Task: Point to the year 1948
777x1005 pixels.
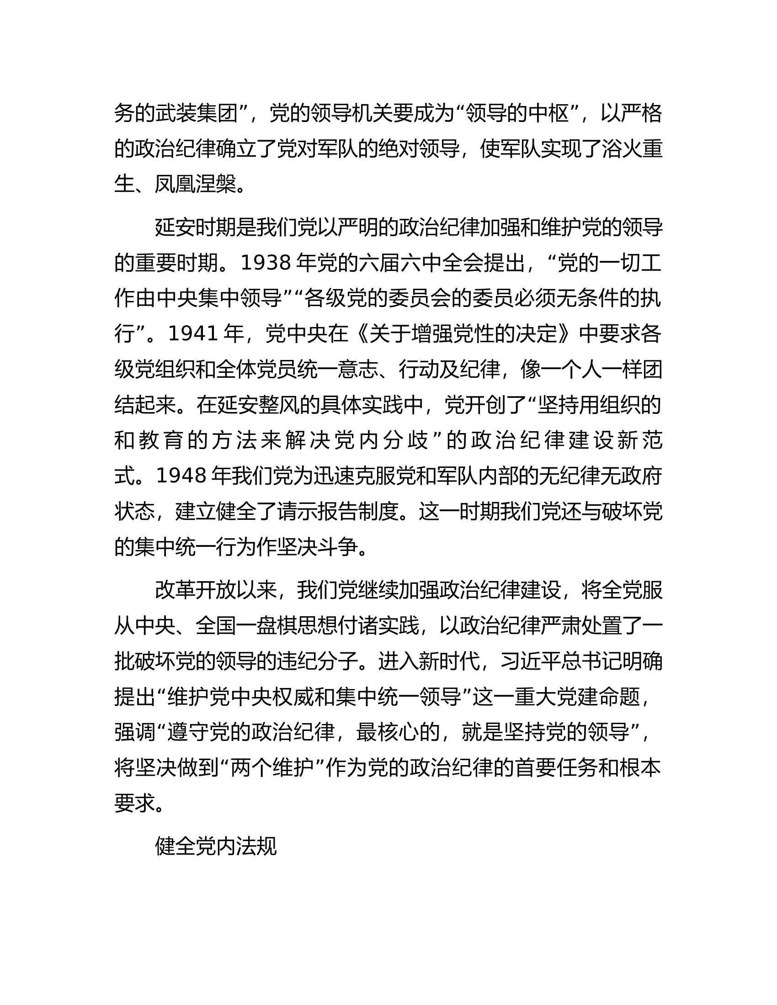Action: point(181,476)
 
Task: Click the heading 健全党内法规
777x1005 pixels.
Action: point(215,846)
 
